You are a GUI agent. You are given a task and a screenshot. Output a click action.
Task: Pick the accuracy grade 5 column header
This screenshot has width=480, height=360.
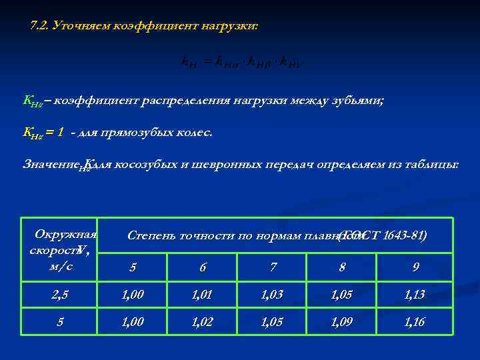click(x=133, y=267)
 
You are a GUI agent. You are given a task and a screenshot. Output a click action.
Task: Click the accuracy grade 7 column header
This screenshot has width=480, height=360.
click(x=273, y=267)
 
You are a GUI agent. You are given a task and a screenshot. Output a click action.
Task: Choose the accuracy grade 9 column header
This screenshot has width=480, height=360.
click(x=415, y=267)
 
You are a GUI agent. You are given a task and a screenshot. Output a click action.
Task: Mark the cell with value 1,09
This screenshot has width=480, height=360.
click(x=343, y=323)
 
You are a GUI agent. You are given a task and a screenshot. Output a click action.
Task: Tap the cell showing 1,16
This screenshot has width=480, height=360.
click(x=415, y=323)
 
